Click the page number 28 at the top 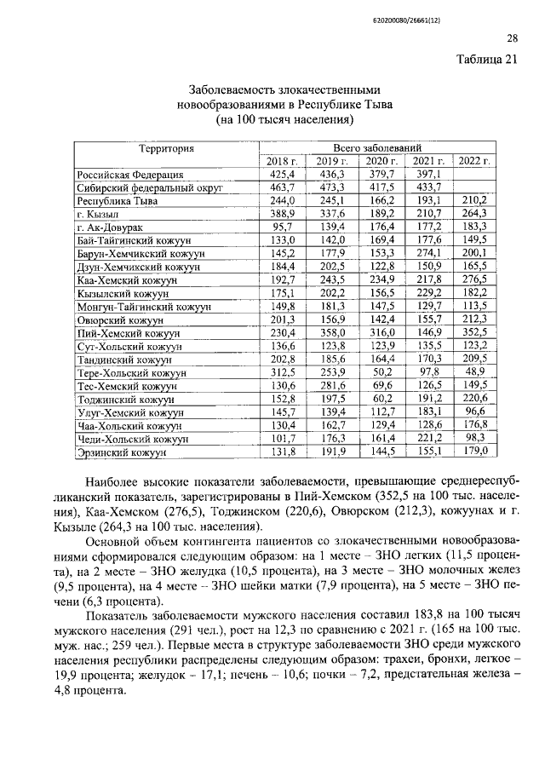pyautogui.click(x=513, y=37)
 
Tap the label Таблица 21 pyautogui.click(x=486, y=59)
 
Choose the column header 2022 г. pyautogui.click(x=474, y=161)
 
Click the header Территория pyautogui.click(x=168, y=148)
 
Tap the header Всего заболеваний pyautogui.click(x=377, y=147)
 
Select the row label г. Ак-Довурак pyautogui.click(x=115, y=227)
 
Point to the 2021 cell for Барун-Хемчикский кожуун pyautogui.click(x=426, y=254)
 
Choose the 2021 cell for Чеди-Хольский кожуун pyautogui.click(x=426, y=439)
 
